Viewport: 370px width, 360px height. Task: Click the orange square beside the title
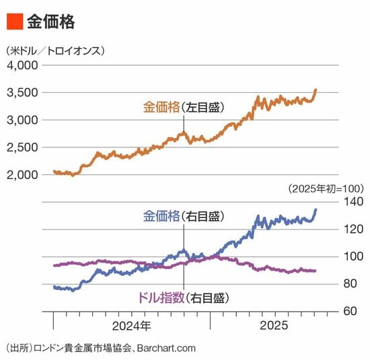pos(15,22)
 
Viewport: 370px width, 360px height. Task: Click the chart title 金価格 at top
pos(50,22)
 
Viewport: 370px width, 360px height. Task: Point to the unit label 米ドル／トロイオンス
pos(55,50)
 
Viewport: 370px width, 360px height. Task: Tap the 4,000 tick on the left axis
pos(22,65)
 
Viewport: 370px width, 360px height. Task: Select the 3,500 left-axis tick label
pos(22,93)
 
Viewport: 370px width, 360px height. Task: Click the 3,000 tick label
pos(22,120)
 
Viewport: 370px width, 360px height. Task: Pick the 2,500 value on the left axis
pos(22,147)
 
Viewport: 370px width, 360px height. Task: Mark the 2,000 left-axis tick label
pos(22,175)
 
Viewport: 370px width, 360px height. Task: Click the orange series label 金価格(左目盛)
pos(184,108)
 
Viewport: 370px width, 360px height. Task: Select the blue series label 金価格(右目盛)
pos(184,216)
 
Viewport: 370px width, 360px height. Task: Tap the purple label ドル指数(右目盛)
pos(183,297)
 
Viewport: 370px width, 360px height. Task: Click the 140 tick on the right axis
pos(353,202)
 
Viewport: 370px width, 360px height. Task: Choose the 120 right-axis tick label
pos(353,229)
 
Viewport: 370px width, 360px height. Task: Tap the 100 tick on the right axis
pos(353,256)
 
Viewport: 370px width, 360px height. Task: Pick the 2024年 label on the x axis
pos(131,326)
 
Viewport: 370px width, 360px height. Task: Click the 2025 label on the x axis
pos(274,326)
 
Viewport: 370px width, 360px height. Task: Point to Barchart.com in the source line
pos(166,349)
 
